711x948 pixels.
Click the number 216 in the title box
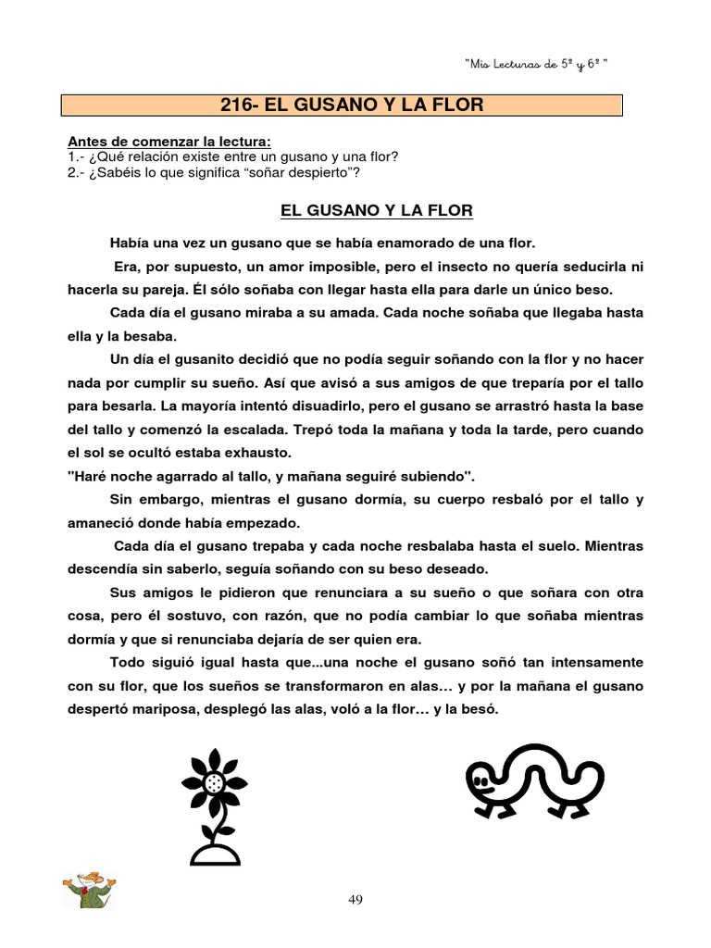(x=239, y=105)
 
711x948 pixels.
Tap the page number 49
(x=356, y=898)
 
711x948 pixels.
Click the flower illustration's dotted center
(x=215, y=783)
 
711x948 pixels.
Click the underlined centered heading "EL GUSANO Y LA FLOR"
(x=376, y=211)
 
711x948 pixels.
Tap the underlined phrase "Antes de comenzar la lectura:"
(x=170, y=142)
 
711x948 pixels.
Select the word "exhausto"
(x=257, y=454)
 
